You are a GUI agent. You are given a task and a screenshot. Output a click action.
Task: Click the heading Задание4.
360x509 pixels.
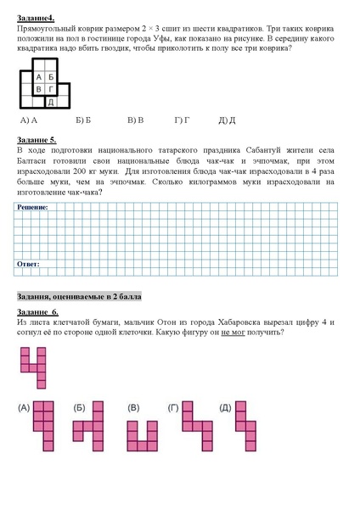(37, 18)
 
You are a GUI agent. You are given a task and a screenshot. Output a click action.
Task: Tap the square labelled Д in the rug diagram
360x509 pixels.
(51, 102)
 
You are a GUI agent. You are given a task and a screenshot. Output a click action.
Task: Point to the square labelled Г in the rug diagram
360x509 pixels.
(51, 89)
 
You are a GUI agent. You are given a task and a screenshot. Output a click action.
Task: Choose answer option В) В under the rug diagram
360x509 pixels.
(135, 120)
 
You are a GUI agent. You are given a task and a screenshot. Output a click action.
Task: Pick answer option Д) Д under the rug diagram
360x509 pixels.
(227, 120)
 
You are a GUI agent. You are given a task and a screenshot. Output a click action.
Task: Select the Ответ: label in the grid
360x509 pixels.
(29, 265)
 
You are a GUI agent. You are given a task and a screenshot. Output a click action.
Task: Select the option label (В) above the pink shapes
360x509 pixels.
(133, 408)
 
